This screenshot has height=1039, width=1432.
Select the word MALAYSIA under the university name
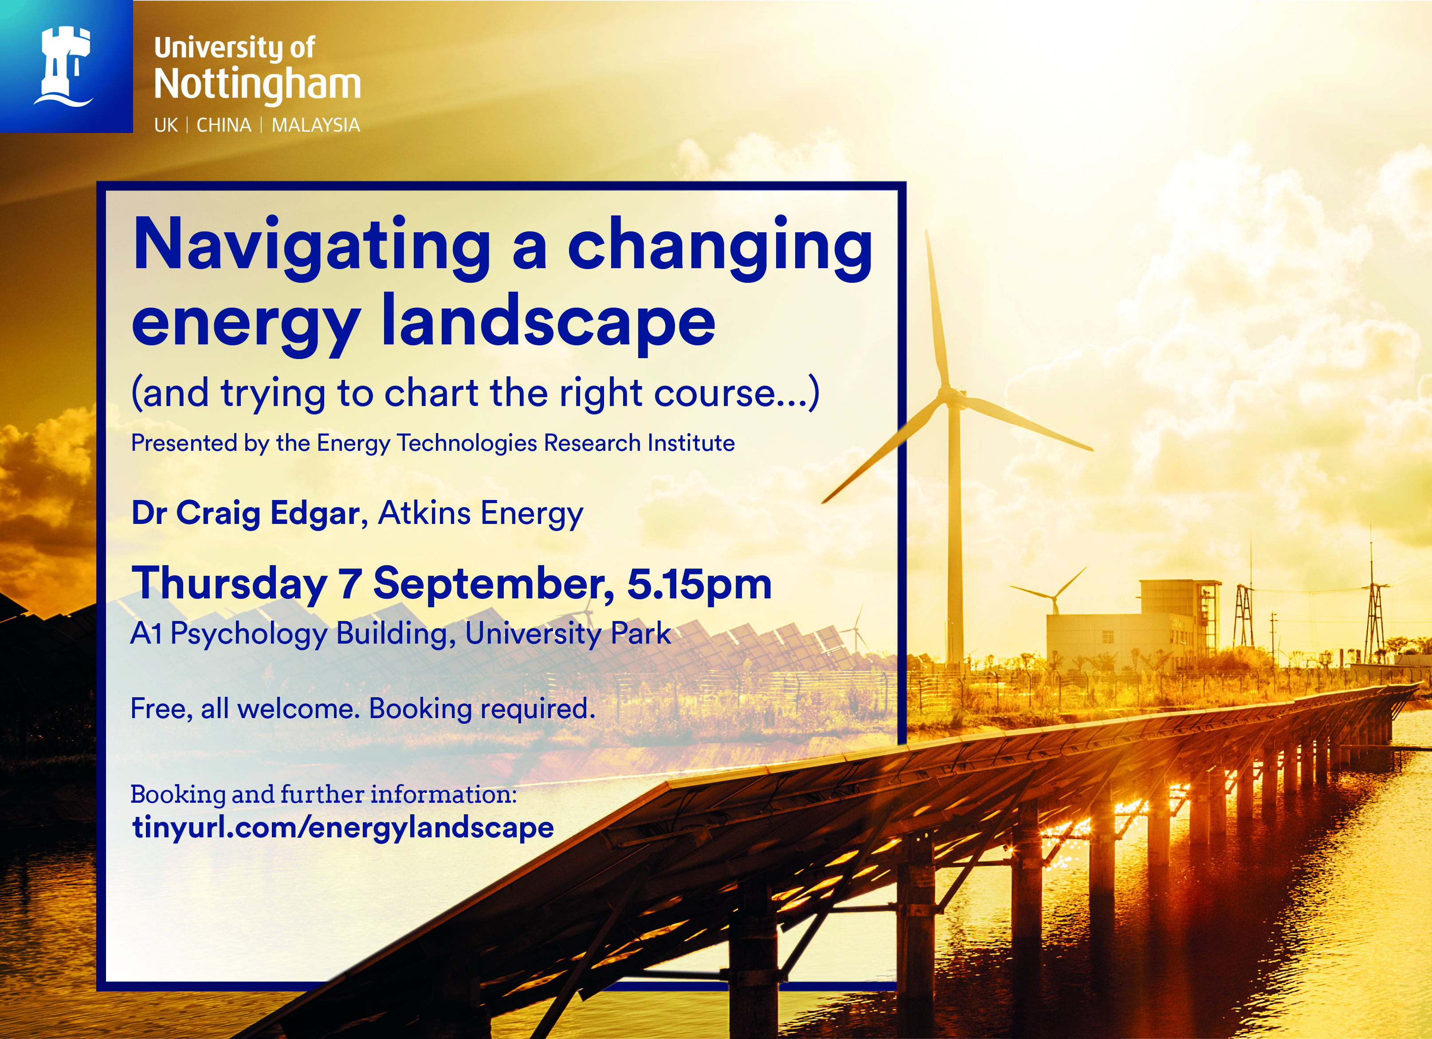[316, 125]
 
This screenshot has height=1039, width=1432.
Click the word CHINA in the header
[224, 125]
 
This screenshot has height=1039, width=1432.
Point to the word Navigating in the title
[312, 248]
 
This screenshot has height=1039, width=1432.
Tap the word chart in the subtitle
[431, 393]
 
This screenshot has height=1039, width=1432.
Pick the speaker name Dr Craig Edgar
[246, 512]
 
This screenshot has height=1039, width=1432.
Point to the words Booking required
[482, 709]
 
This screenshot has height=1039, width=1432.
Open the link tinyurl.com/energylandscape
[343, 828]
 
